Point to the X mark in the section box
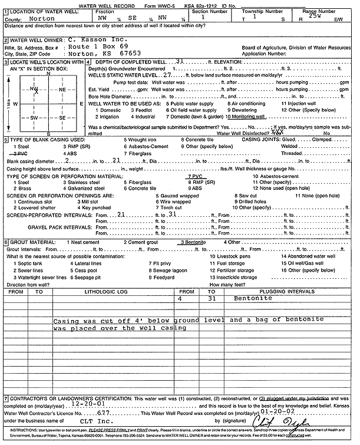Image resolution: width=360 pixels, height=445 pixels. (36, 91)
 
